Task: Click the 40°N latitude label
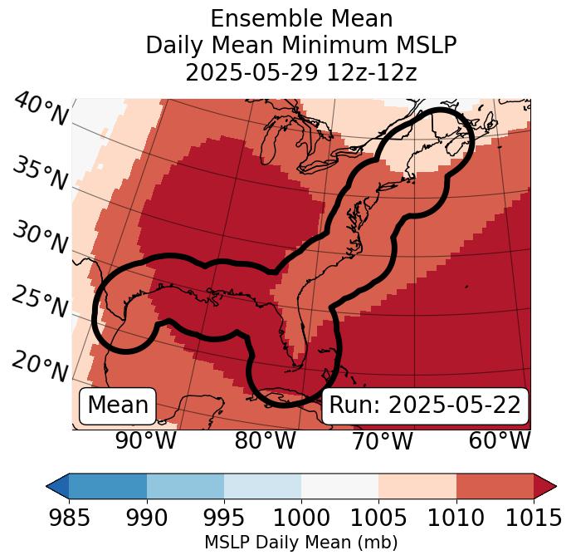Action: (41, 110)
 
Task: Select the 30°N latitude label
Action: (41, 238)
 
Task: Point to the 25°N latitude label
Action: (41, 302)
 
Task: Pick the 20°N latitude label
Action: (41, 366)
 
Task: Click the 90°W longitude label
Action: (145, 441)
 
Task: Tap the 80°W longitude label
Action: (265, 441)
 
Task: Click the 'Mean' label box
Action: (118, 405)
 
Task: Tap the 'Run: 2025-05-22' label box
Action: (425, 405)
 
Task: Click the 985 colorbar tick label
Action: (69, 518)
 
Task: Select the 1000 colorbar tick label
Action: (301, 518)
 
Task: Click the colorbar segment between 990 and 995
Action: (185, 485)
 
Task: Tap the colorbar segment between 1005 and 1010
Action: (417, 485)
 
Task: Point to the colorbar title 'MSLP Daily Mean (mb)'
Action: (300, 543)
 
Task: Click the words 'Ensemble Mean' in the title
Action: (301, 19)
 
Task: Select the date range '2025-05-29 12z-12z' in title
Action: (301, 72)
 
